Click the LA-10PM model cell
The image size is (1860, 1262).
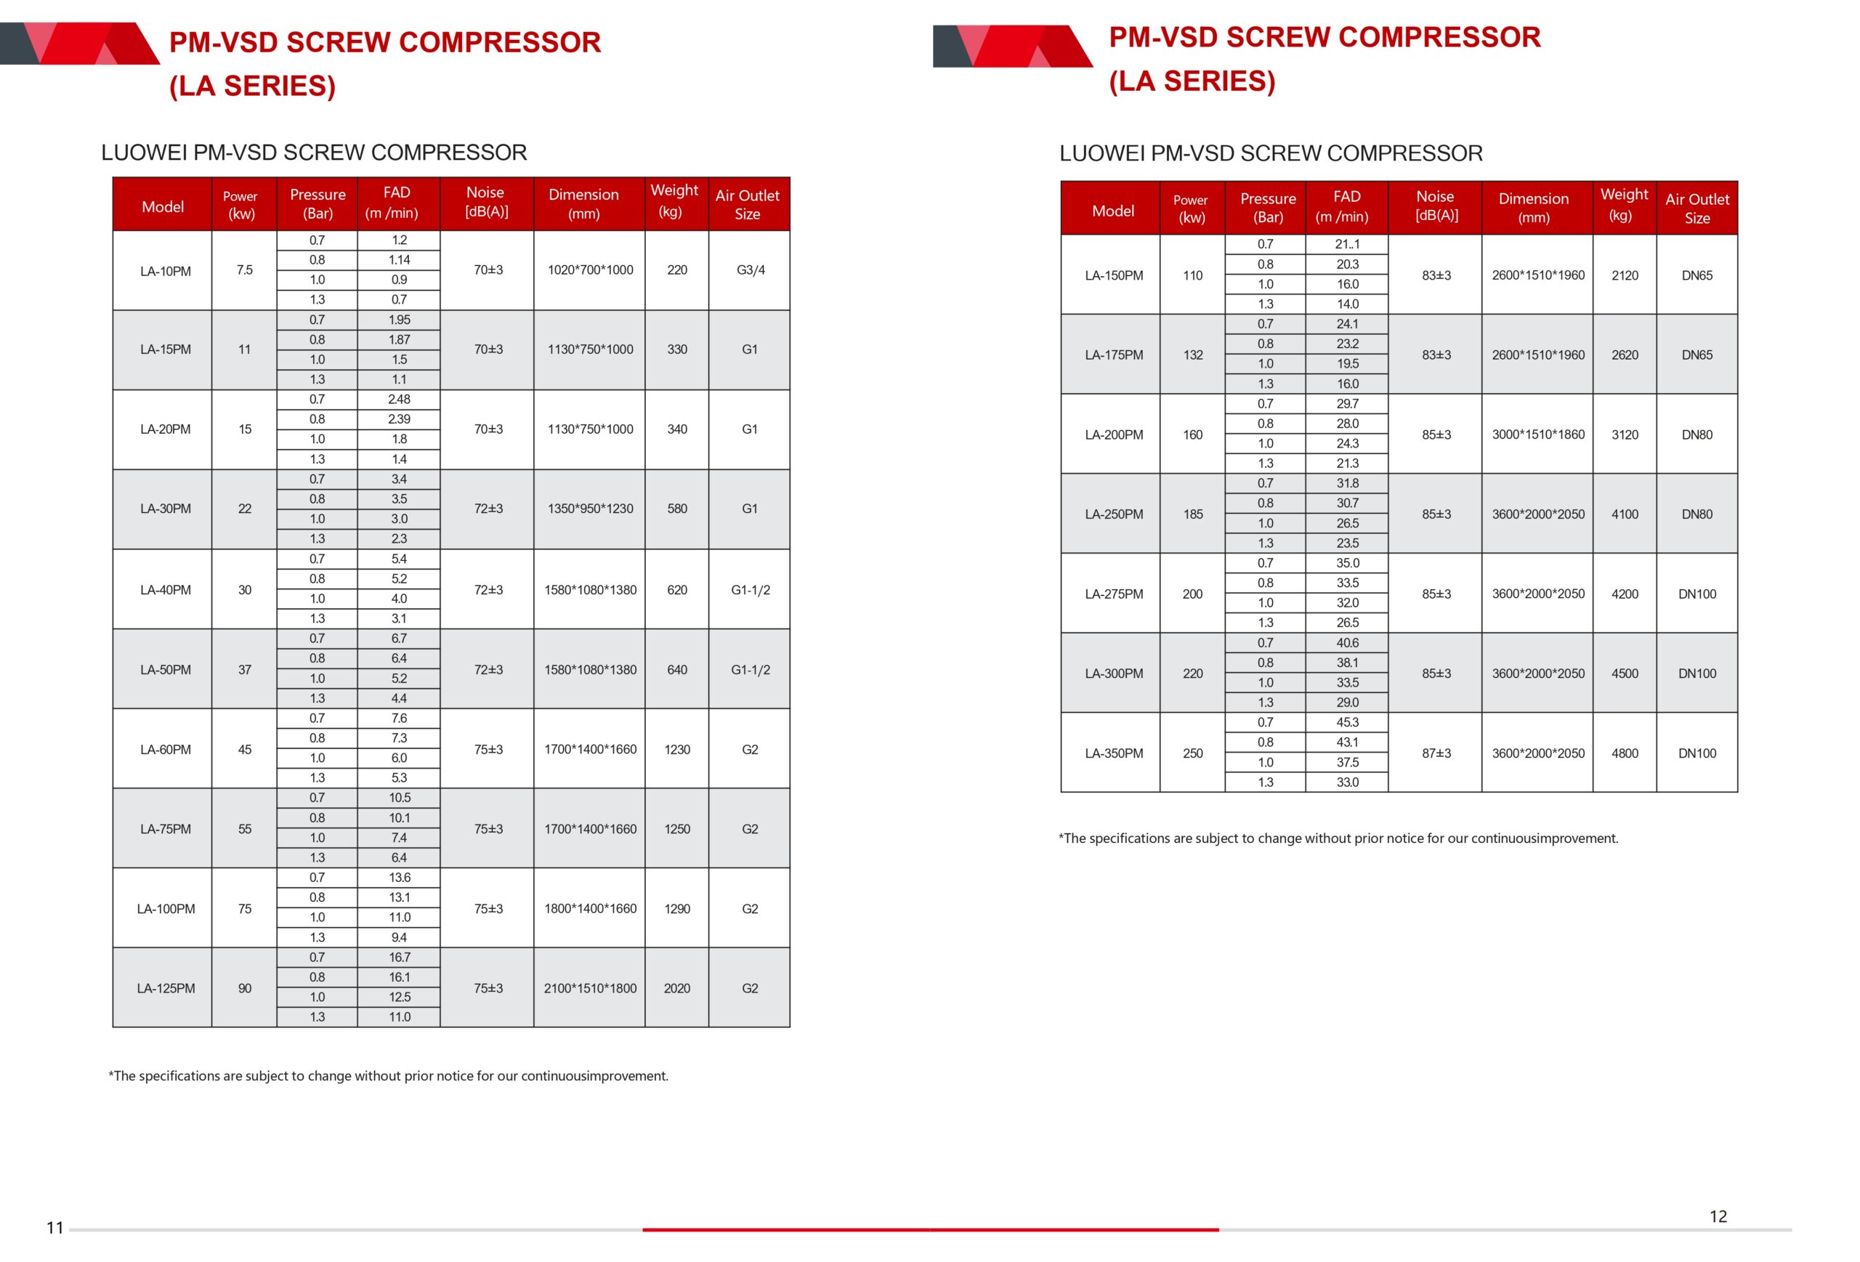click(x=165, y=271)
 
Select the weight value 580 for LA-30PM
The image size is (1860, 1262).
click(x=676, y=508)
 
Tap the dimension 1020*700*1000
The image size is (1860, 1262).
click(x=590, y=270)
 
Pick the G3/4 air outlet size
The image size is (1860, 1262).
click(x=750, y=270)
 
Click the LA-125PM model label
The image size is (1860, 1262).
click(x=165, y=988)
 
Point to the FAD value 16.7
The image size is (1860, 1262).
click(x=399, y=957)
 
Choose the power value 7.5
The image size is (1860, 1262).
click(x=244, y=270)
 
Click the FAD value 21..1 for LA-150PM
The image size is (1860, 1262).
click(x=1346, y=244)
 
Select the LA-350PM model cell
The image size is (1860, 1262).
click(x=1113, y=753)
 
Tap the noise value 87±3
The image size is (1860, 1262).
click(x=1436, y=753)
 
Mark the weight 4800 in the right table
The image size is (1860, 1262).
click(x=1624, y=753)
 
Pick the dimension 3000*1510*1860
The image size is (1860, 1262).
click(x=1537, y=434)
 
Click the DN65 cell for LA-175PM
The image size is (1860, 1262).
click(x=1696, y=355)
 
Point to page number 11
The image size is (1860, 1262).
click(x=54, y=1228)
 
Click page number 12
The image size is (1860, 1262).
click(x=1718, y=1216)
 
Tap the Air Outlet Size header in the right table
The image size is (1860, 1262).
click(x=1697, y=208)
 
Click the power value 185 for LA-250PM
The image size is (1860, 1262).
click(x=1192, y=514)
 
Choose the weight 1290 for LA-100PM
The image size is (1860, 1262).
click(x=676, y=908)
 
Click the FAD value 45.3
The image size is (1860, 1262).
click(x=1346, y=722)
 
